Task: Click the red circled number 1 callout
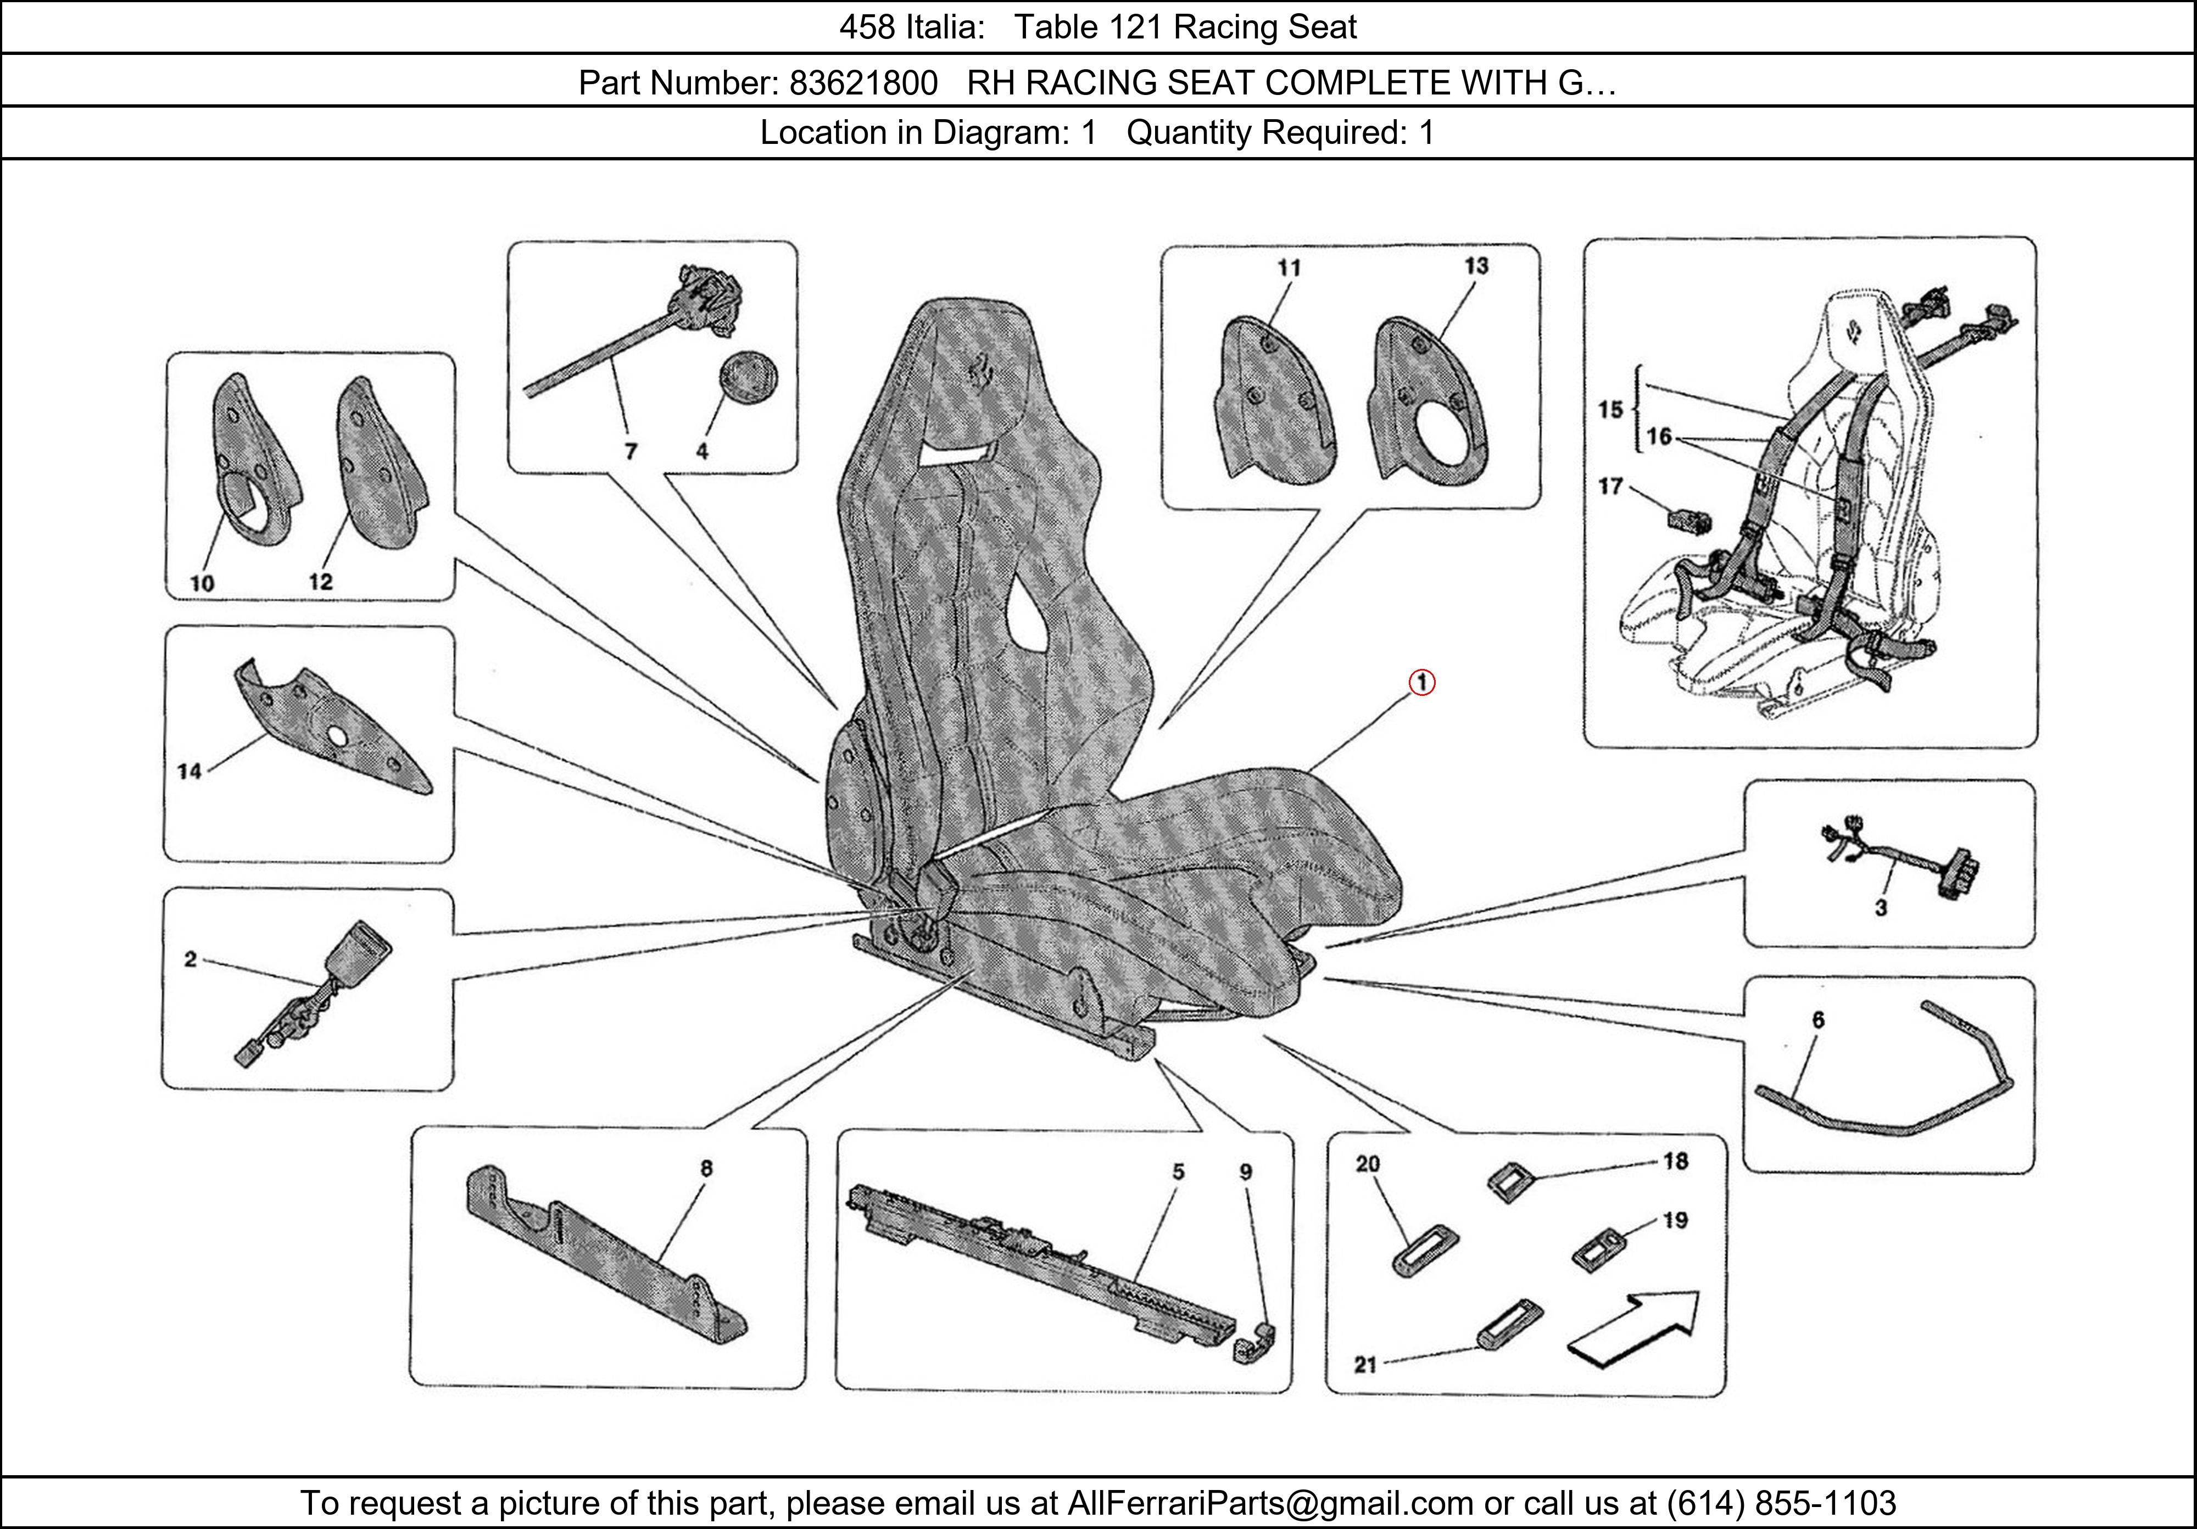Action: coord(1422,683)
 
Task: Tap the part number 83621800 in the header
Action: coord(863,84)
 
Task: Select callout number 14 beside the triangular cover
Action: coord(189,771)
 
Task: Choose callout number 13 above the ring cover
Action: coord(1475,266)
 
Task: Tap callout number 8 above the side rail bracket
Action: coord(706,1168)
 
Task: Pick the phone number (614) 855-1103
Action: coord(1782,1503)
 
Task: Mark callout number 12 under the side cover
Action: coord(321,582)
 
